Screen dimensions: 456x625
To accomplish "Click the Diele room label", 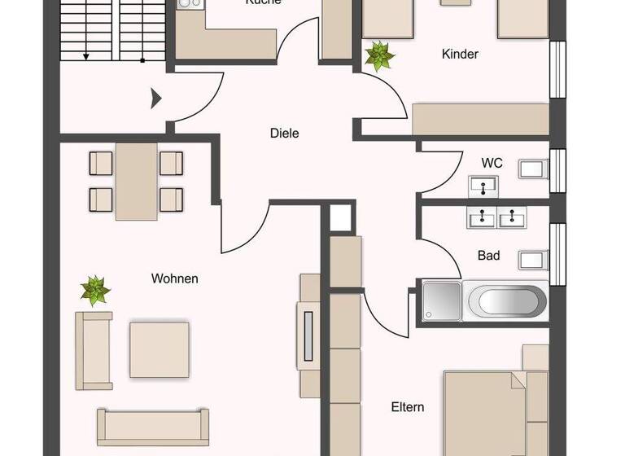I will (284, 133).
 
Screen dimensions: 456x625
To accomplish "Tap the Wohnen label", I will (174, 278).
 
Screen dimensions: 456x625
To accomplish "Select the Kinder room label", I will (460, 55).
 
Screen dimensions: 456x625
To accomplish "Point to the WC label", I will (492, 163).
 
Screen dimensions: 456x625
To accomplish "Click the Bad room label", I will (488, 256).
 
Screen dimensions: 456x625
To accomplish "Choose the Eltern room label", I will (407, 407).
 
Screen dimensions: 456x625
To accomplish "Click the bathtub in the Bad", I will (505, 300).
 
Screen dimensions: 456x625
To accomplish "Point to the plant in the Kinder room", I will (379, 55).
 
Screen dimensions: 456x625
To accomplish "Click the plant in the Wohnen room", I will (95, 290).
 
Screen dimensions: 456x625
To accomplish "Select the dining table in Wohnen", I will (136, 181).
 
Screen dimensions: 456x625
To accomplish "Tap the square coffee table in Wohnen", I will (160, 349).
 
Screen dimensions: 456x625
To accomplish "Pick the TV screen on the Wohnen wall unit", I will (308, 334).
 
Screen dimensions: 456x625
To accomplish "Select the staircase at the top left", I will (113, 29).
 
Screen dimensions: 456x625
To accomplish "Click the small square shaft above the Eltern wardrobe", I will (342, 217).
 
